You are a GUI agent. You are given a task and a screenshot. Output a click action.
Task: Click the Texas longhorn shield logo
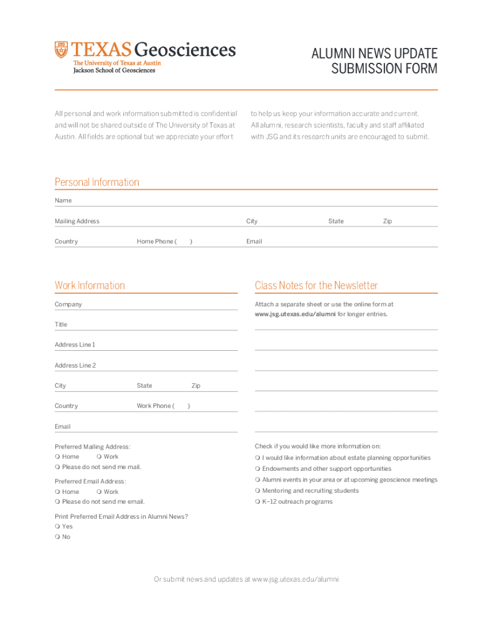tap(61, 49)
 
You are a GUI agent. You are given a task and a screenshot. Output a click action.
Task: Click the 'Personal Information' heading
tap(96, 182)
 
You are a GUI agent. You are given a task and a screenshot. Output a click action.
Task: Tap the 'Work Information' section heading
tap(90, 286)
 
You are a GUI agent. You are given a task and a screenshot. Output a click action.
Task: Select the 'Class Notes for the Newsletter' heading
tap(316, 286)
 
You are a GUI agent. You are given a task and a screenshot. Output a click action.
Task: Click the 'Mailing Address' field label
tap(77, 221)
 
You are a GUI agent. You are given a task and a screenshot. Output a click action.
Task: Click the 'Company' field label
tap(68, 305)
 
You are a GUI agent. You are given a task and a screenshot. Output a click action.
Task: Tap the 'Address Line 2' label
tap(75, 366)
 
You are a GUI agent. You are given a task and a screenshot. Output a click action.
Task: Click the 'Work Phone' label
tap(154, 406)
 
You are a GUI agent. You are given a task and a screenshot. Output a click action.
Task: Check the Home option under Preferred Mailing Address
tap(57, 457)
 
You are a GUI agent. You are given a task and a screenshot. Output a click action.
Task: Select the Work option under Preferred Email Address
tap(99, 491)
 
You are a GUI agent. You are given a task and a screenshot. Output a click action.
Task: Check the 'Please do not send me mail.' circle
tap(57, 467)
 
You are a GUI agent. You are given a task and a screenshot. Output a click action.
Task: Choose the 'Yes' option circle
tap(57, 526)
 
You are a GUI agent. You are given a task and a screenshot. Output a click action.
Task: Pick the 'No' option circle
tap(57, 537)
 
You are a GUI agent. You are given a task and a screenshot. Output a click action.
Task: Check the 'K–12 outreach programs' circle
tap(258, 502)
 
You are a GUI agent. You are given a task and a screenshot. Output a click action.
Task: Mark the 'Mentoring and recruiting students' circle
tap(258, 491)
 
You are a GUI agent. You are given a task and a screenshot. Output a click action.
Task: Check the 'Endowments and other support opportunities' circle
tap(258, 469)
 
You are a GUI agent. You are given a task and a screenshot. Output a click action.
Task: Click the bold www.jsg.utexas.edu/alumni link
tap(295, 314)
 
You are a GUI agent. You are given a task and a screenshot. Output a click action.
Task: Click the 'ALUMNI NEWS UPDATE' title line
tap(374, 53)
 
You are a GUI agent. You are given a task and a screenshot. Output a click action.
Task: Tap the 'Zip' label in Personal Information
tap(388, 221)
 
